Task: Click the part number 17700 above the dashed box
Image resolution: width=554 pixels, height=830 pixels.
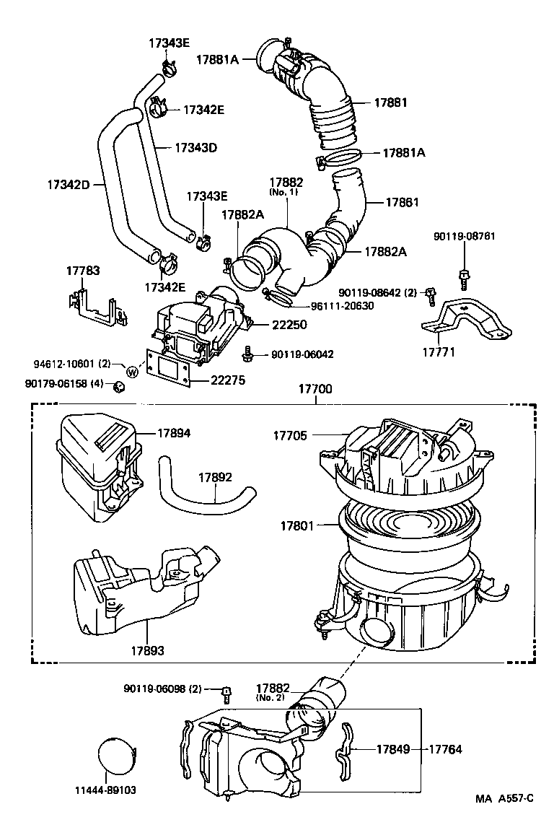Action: [315, 389]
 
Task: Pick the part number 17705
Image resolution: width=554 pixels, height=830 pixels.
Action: [289, 436]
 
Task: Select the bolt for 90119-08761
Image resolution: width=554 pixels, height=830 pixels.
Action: [462, 275]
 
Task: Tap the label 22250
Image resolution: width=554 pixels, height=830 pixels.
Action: [289, 326]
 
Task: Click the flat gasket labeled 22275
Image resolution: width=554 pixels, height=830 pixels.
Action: [167, 370]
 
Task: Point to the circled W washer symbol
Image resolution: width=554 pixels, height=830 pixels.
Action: [133, 372]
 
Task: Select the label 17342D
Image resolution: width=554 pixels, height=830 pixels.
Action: [69, 185]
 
